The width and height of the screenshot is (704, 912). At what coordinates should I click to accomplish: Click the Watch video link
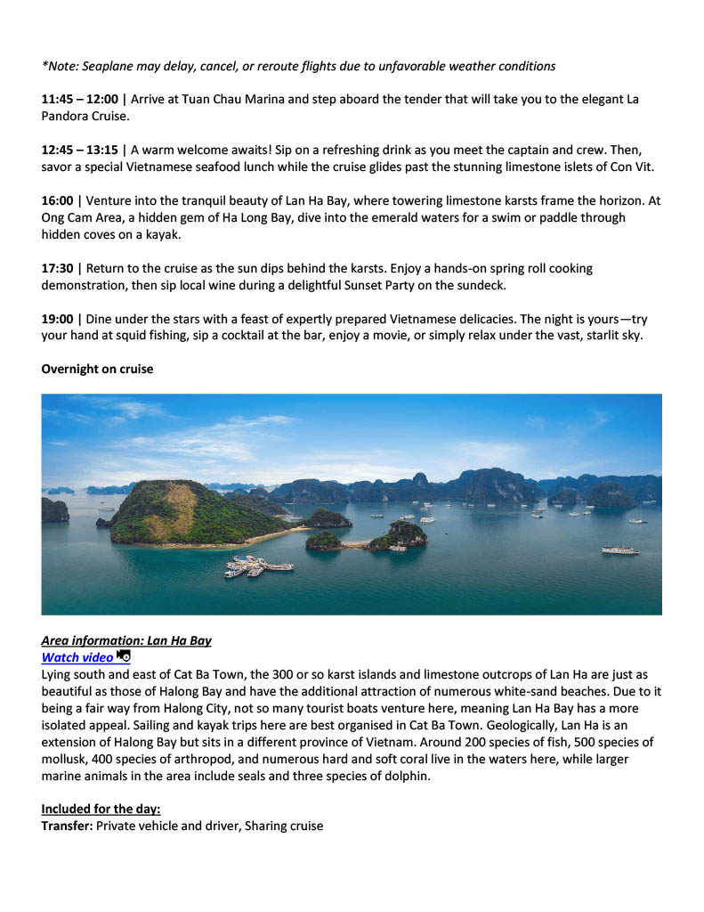pyautogui.click(x=77, y=657)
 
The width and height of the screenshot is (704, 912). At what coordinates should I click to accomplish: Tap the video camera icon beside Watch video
pyautogui.click(x=124, y=656)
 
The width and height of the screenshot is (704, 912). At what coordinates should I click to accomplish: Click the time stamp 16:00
pyautogui.click(x=57, y=201)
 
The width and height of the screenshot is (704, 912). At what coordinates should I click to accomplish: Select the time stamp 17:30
pyautogui.click(x=57, y=268)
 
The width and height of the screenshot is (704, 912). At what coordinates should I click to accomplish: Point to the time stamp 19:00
pyautogui.click(x=57, y=319)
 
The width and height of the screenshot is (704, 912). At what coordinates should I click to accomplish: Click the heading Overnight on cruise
pyautogui.click(x=97, y=369)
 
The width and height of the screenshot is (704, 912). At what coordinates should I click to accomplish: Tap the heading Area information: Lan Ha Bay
pyautogui.click(x=126, y=640)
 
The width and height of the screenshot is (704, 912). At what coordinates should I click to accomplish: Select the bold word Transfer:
pyautogui.click(x=67, y=826)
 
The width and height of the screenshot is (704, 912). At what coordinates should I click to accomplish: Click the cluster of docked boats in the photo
pyautogui.click(x=258, y=566)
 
